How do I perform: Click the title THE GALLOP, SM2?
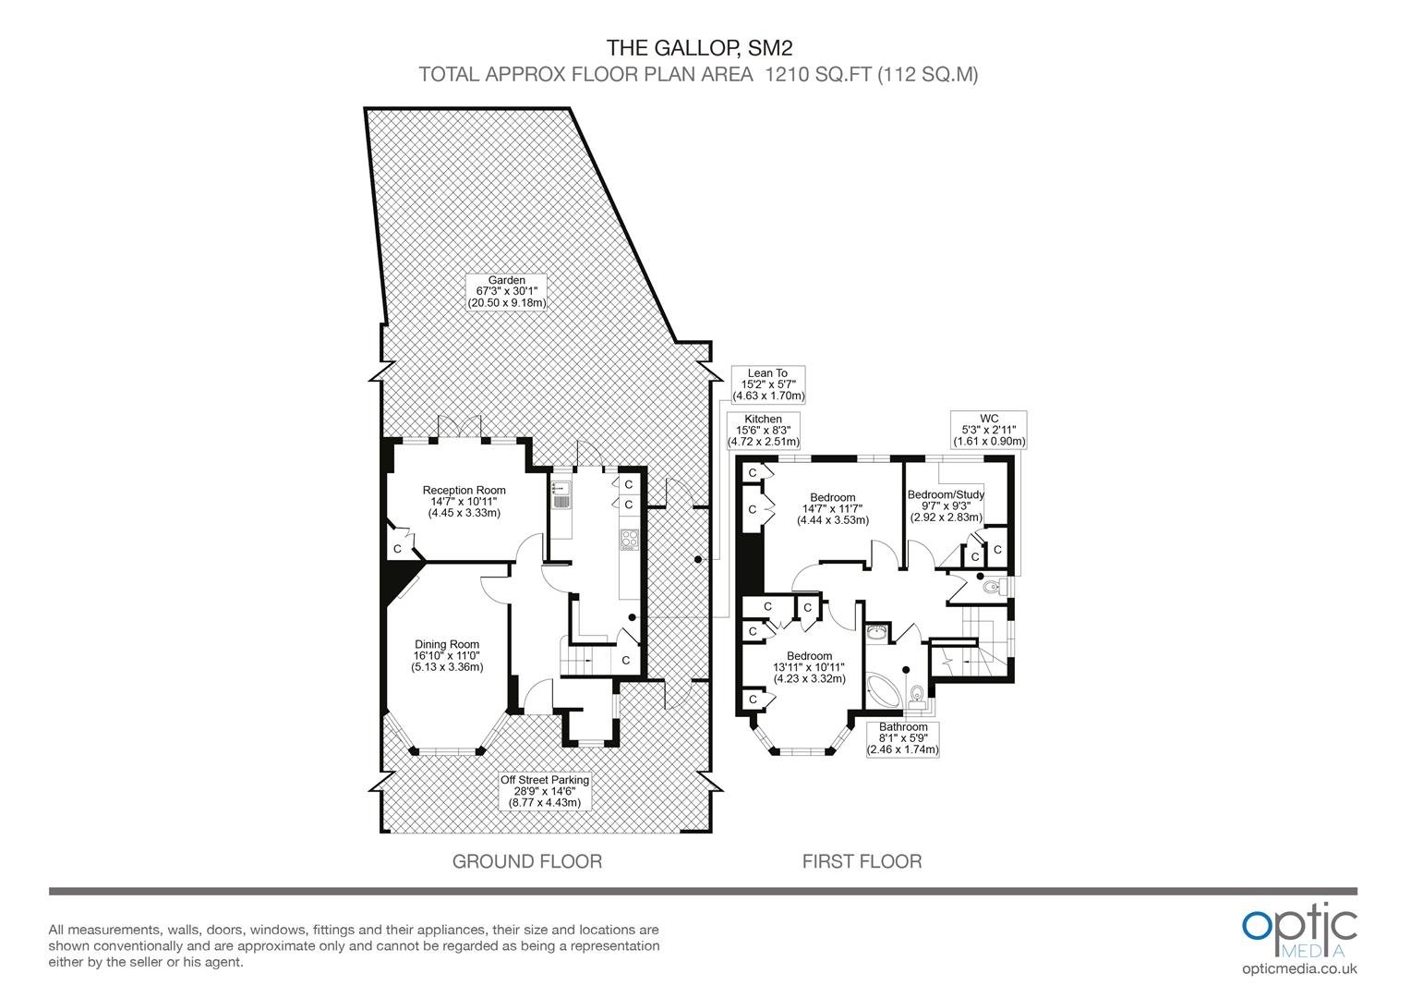click(x=699, y=48)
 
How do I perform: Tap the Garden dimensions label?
click(x=506, y=291)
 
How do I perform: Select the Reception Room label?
click(x=464, y=501)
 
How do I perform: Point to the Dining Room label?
click(x=447, y=656)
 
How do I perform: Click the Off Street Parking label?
click(x=545, y=791)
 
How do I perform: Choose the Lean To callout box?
click(x=768, y=384)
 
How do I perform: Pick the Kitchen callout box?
click(x=763, y=430)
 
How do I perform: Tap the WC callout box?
click(x=989, y=430)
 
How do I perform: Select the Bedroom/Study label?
click(x=947, y=505)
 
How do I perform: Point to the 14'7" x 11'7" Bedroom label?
click(x=833, y=509)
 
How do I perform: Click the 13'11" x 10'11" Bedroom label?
click(x=810, y=667)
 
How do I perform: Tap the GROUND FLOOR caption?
click(x=527, y=861)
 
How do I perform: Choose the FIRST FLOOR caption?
click(x=862, y=861)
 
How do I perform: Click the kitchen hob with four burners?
click(x=630, y=540)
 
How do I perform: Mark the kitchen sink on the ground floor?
click(x=561, y=494)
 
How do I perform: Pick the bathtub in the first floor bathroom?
click(x=884, y=691)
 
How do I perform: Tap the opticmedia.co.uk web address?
click(x=1299, y=969)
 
